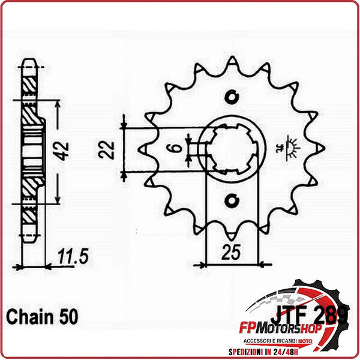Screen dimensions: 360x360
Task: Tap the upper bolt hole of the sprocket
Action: coord(233,95)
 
